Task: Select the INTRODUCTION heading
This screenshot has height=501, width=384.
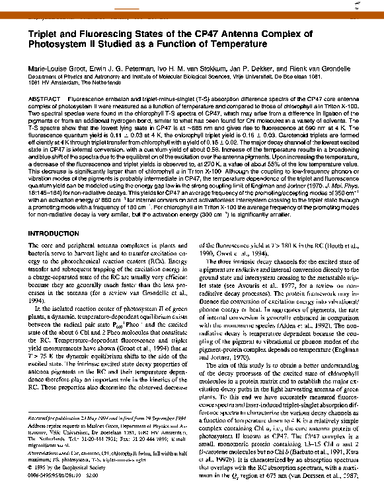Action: [52, 234]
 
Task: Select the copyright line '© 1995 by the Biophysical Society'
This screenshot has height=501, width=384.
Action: [59, 465]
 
